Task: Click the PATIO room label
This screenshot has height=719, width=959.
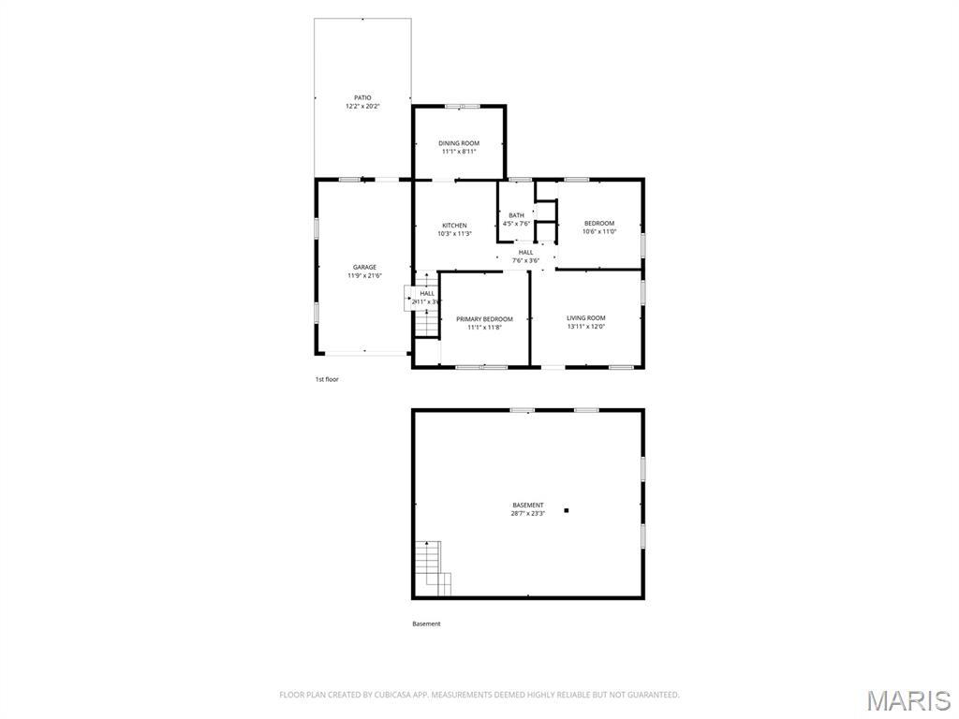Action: (362, 97)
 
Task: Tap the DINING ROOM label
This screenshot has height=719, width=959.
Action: (459, 143)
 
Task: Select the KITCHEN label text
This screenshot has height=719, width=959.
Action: (454, 226)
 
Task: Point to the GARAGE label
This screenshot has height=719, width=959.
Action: (364, 267)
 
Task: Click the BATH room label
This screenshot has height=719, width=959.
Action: (517, 215)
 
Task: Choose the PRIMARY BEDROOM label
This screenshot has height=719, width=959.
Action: (484, 319)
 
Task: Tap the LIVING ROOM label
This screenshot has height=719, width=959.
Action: (586, 318)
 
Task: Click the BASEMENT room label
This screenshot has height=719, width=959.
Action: (528, 506)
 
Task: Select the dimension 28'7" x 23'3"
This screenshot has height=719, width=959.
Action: (528, 514)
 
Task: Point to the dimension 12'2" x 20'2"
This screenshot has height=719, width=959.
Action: (362, 106)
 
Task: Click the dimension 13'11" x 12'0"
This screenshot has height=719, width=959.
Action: (586, 327)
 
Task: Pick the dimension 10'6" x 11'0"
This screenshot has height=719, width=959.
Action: (599, 231)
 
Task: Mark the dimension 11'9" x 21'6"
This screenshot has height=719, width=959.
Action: (364, 275)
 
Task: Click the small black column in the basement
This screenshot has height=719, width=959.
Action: (567, 510)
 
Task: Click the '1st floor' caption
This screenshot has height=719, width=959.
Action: (327, 379)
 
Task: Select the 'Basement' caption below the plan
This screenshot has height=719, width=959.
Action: (426, 624)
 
